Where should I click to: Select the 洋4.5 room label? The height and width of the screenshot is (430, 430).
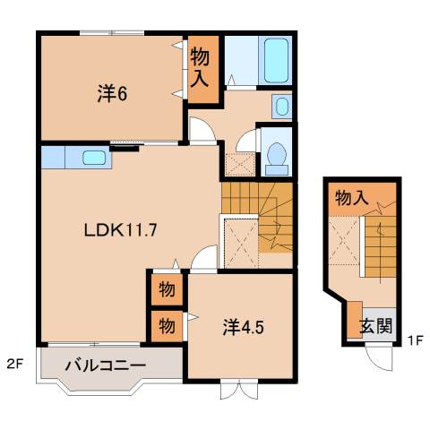pyautogui.click(x=243, y=327)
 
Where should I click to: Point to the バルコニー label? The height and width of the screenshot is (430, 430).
pyautogui.click(x=105, y=365)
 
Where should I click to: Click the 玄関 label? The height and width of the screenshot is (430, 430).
pyautogui.click(x=375, y=326)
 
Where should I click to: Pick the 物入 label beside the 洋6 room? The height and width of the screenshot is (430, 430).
pyautogui.click(x=200, y=66)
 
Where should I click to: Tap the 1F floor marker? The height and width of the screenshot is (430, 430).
pyautogui.click(x=413, y=341)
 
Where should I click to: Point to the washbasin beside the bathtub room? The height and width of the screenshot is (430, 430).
pyautogui.click(x=281, y=107)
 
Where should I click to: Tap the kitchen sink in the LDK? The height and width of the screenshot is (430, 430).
pyautogui.click(x=94, y=159)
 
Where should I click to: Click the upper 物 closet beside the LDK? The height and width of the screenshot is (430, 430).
pyautogui.click(x=167, y=290)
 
